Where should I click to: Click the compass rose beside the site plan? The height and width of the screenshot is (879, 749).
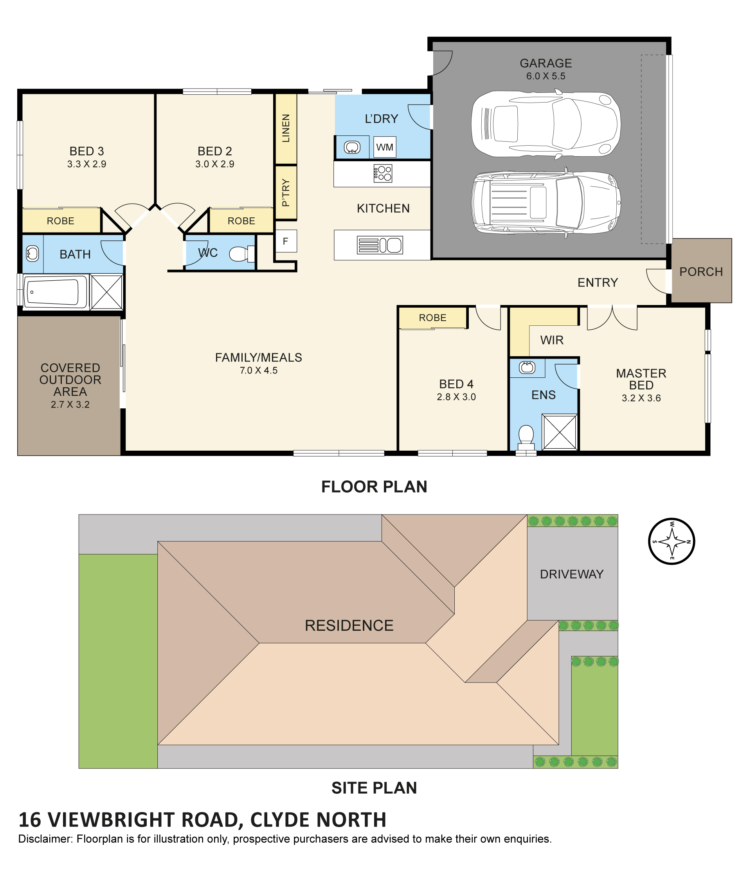pyautogui.click(x=671, y=541)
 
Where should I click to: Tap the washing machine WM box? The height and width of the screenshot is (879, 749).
pyautogui.click(x=385, y=147)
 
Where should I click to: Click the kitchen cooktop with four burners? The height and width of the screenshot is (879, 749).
pyautogui.click(x=383, y=173)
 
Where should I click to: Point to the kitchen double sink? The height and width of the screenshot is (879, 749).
pyautogui.click(x=380, y=245)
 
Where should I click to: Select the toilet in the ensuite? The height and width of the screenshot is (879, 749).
pyautogui.click(x=526, y=437)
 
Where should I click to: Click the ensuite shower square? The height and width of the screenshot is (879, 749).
pyautogui.click(x=560, y=432)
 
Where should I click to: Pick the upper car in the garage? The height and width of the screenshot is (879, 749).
pyautogui.click(x=546, y=124)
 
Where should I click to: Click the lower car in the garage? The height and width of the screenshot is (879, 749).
pyautogui.click(x=546, y=202)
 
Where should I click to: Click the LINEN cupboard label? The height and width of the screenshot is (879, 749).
pyautogui.click(x=286, y=128)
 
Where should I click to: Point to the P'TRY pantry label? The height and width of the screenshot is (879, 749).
pyautogui.click(x=286, y=192)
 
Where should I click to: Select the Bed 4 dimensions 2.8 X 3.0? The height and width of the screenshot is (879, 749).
pyautogui.click(x=456, y=397)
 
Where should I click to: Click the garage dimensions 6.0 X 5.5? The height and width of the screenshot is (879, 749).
pyautogui.click(x=546, y=76)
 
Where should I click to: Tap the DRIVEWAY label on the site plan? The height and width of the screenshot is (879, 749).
pyautogui.click(x=571, y=574)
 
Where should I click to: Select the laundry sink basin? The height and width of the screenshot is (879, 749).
pyautogui.click(x=352, y=147)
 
